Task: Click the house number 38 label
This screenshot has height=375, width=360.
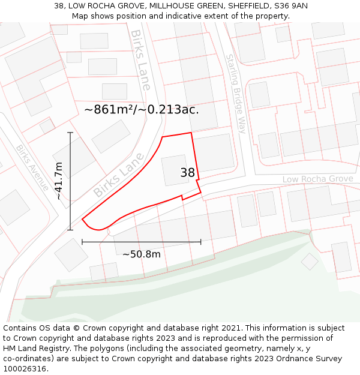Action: (x=188, y=173)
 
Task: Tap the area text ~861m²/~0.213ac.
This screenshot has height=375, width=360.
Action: (x=142, y=110)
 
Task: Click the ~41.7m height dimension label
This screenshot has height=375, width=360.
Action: (x=59, y=181)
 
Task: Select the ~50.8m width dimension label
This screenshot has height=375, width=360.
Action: (x=142, y=254)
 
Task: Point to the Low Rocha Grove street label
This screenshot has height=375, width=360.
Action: (x=318, y=179)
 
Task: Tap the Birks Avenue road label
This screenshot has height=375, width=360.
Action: (x=32, y=167)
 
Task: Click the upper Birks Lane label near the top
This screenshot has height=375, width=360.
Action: (x=140, y=60)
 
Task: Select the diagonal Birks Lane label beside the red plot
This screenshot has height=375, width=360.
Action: (x=119, y=175)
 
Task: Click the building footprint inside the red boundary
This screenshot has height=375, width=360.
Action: (x=175, y=170)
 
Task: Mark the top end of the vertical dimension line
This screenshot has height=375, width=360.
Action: (x=70, y=133)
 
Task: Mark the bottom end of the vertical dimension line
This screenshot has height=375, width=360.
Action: (x=70, y=229)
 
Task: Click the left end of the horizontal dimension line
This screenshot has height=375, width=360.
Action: (x=82, y=242)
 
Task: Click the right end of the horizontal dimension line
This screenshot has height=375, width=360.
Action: (x=200, y=242)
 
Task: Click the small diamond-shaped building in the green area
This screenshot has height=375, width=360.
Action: (x=310, y=261)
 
